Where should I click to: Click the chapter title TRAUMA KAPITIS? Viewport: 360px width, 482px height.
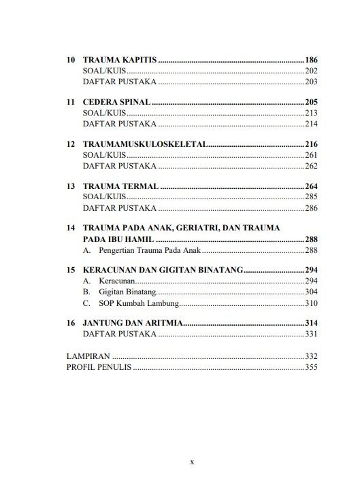[120, 60]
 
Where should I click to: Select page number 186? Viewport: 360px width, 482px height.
[312, 60]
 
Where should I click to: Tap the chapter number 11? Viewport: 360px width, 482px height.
[70, 102]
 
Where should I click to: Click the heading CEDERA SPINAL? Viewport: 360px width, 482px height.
[115, 102]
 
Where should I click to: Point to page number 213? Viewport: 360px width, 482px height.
[312, 113]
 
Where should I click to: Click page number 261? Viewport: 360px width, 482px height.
[312, 155]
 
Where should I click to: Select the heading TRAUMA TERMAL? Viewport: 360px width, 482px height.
[120, 186]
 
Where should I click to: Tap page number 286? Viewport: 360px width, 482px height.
[312, 208]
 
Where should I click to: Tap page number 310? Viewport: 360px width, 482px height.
[312, 303]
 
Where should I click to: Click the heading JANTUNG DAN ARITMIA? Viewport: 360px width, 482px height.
[132, 323]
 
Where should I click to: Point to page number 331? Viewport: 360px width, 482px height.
[312, 334]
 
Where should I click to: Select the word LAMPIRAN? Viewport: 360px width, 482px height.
[88, 356]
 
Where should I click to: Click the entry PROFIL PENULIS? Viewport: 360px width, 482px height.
[98, 367]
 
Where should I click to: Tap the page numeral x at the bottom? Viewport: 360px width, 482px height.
[192, 462]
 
